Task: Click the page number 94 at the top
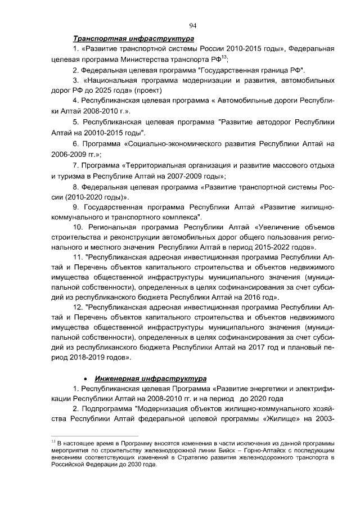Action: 192,25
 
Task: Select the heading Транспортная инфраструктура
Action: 133,39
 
